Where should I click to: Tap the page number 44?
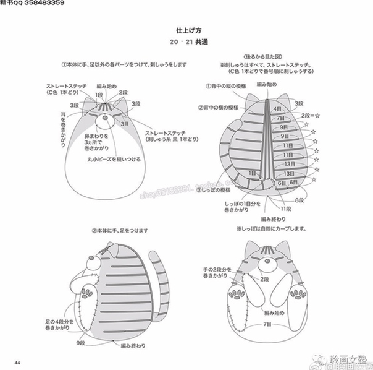(x=18, y=362)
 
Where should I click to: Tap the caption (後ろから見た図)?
(x=267, y=56)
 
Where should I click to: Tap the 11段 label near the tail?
(x=285, y=210)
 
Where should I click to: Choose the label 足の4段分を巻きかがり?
(x=60, y=325)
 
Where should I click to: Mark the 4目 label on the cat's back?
(x=277, y=109)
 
